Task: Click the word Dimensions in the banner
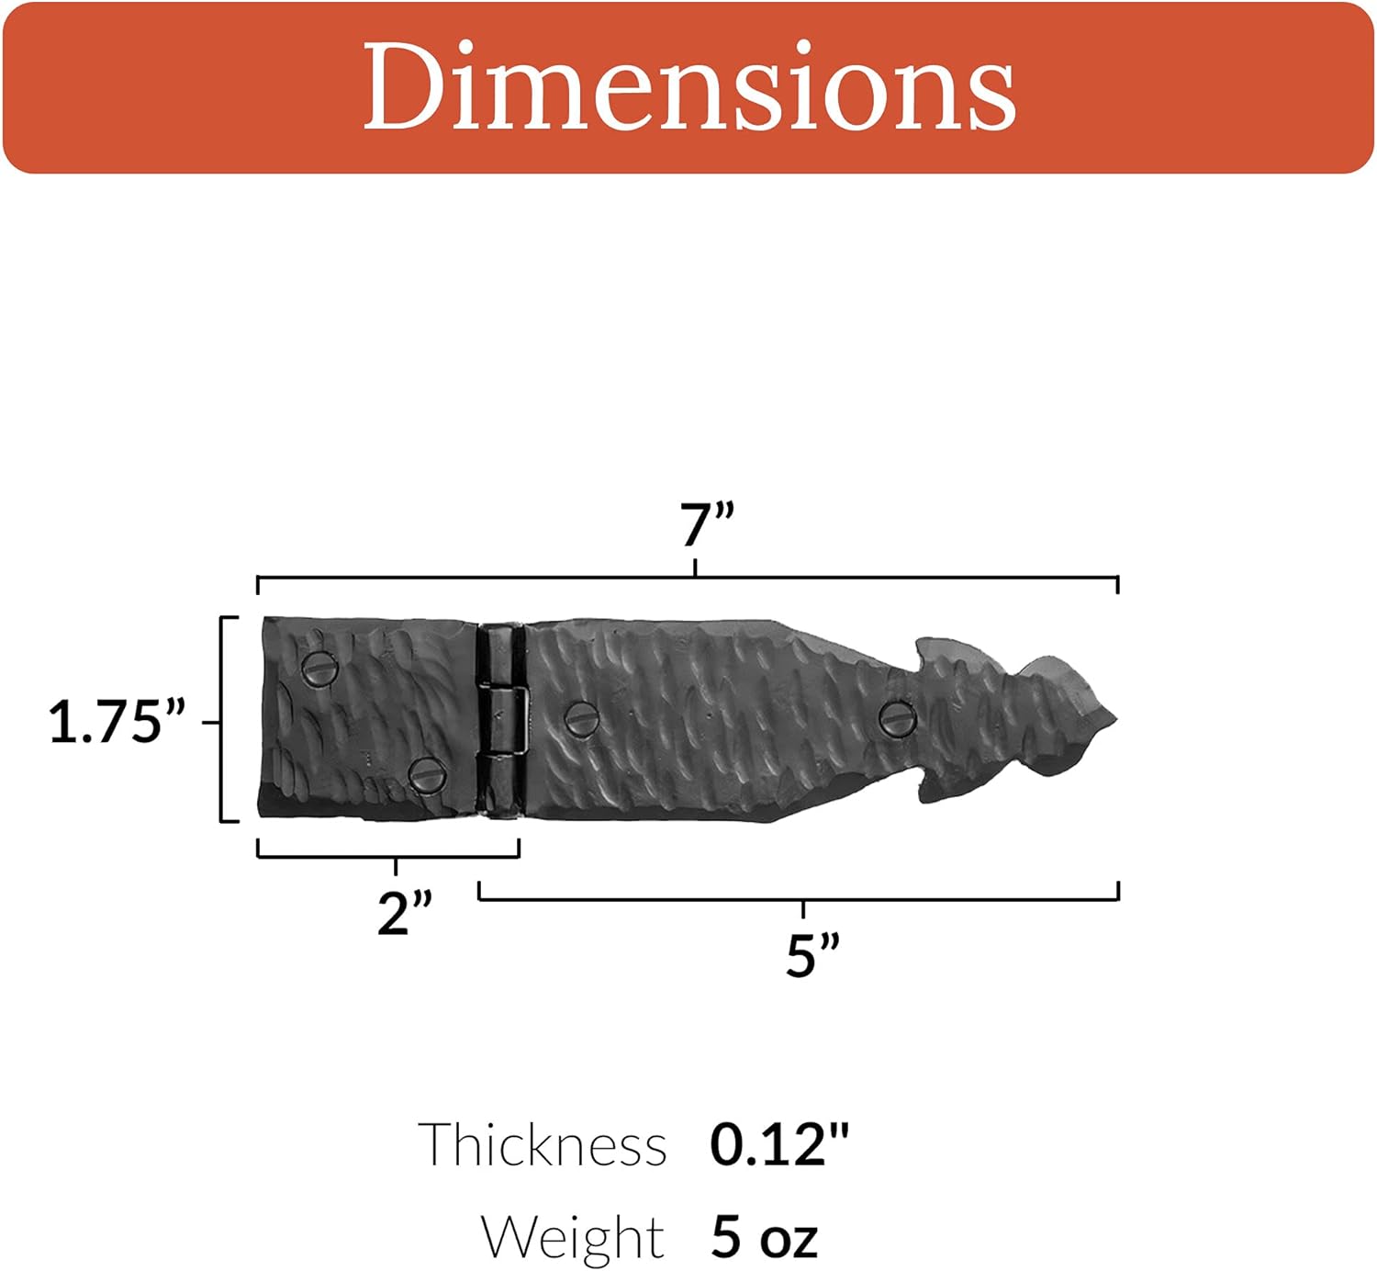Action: pos(688,87)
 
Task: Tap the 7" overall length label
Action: pos(707,525)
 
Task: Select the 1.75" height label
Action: pos(117,721)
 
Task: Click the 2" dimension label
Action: pos(404,913)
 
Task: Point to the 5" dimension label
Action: pos(812,955)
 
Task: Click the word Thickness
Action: pos(543,1145)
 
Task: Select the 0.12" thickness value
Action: pos(779,1145)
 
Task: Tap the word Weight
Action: pos(572,1237)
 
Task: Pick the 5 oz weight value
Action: pos(763,1237)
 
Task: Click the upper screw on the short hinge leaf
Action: pos(319,669)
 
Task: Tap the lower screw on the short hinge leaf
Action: pos(427,776)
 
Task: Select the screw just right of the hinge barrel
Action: pos(581,717)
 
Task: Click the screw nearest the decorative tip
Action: pos(897,717)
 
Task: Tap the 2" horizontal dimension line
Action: pos(321,857)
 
